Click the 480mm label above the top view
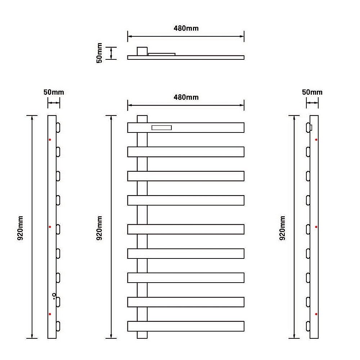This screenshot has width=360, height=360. [x=186, y=28]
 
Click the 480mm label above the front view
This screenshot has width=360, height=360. [x=186, y=97]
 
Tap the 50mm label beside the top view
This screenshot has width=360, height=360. [x=99, y=53]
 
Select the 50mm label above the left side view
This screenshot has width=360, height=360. [x=54, y=92]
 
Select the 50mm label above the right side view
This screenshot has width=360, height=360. [x=312, y=92]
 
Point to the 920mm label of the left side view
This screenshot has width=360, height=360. [x=20, y=228]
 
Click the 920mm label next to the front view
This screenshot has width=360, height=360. [x=99, y=228]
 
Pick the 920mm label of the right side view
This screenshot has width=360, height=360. [x=282, y=228]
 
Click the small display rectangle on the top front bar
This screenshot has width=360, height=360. [x=162, y=128]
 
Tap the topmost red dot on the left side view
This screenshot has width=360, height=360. [x=50, y=140]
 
